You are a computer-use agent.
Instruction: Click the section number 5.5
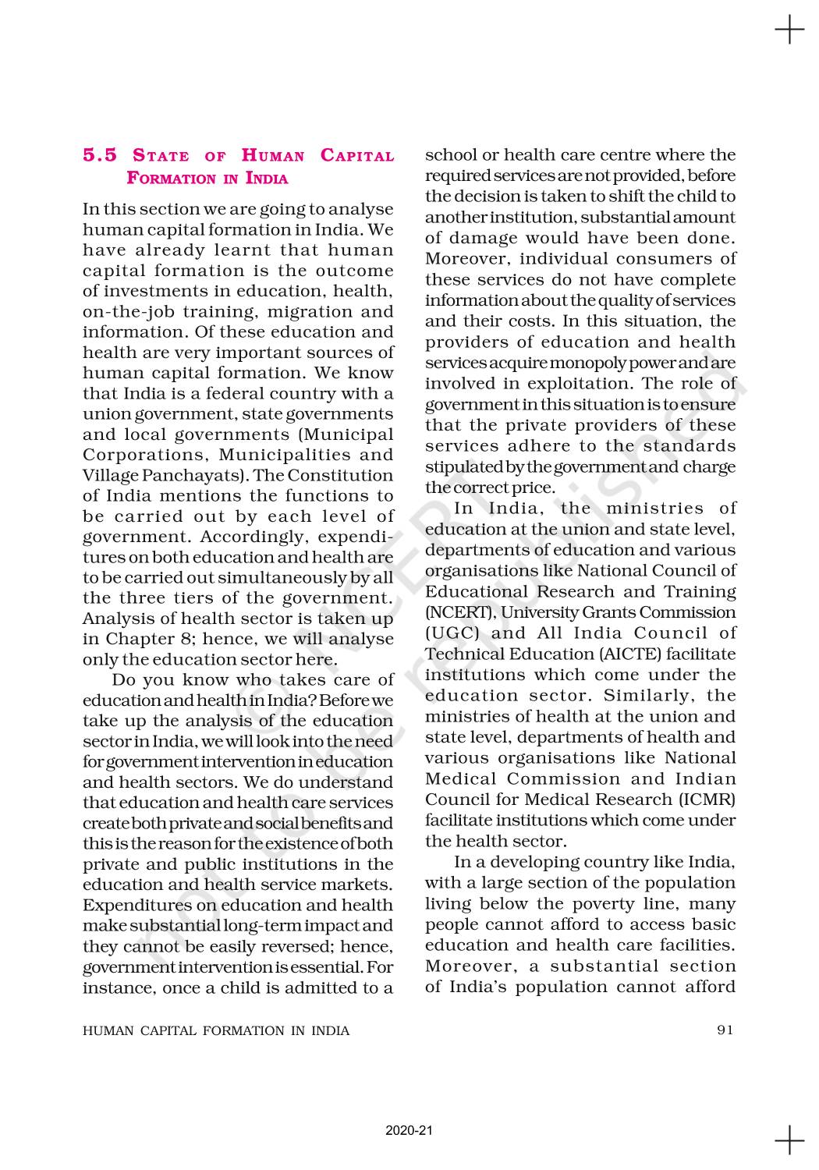coord(100,155)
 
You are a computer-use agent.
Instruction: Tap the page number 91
coord(725,1030)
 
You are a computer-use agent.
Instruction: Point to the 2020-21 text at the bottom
coord(409,1130)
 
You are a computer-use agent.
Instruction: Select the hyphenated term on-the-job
coord(129,312)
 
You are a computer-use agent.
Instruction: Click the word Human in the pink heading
coord(272,155)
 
